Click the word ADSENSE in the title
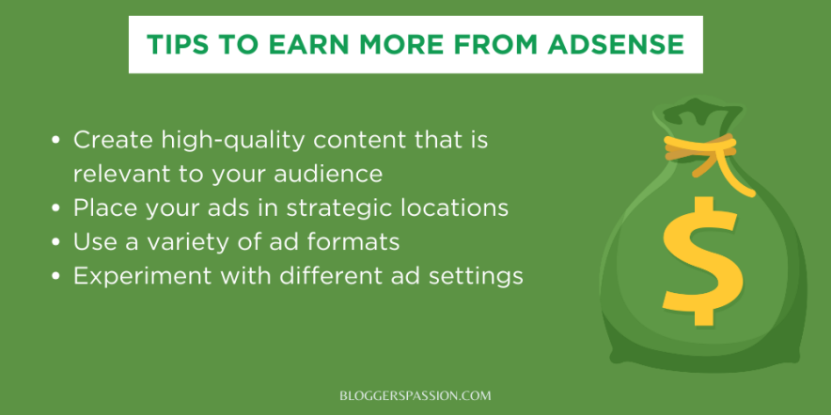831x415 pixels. (x=618, y=45)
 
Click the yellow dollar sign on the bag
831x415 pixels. (x=700, y=261)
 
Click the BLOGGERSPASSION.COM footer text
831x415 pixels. (x=415, y=395)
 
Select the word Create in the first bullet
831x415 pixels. (x=114, y=140)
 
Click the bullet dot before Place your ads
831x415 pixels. (x=56, y=208)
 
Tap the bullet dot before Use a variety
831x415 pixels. (x=56, y=242)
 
